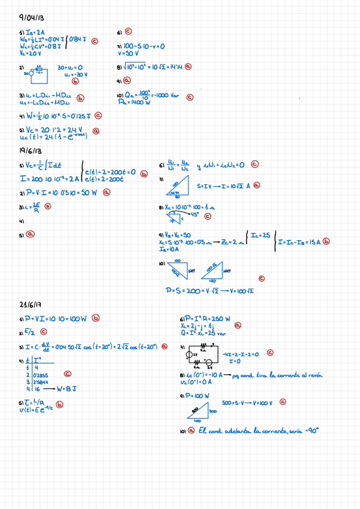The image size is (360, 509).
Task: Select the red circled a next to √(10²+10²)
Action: (x=188, y=68)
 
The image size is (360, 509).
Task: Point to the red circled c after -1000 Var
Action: (x=190, y=96)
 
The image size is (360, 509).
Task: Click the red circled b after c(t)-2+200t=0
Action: (x=143, y=174)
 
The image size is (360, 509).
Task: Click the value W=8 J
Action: (x=66, y=388)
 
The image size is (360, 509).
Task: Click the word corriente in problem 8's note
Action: (x=285, y=374)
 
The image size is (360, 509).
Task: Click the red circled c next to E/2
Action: (x=44, y=331)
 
